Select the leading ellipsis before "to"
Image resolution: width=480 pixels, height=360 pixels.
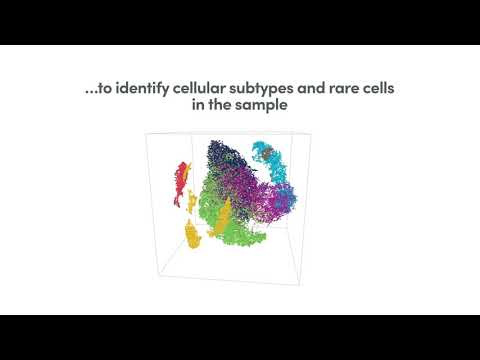(x=91, y=91)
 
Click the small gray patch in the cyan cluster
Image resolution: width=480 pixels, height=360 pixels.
(x=266, y=150)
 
